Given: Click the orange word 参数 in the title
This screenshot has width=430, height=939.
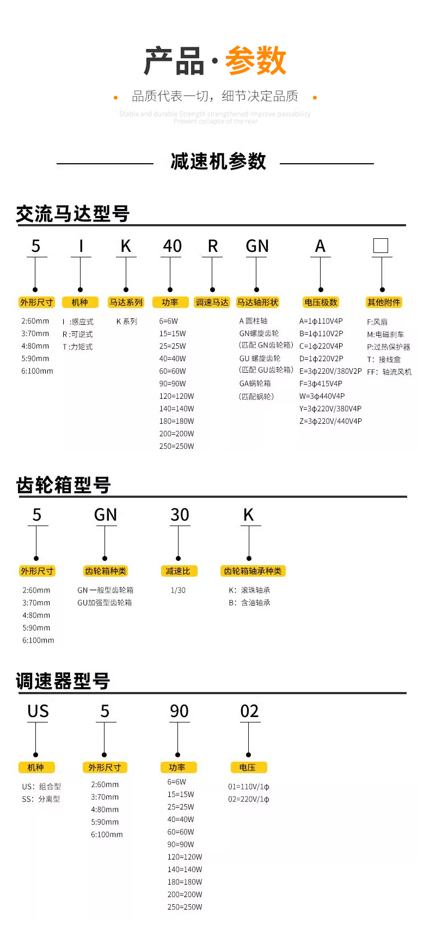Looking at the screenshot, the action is click(255, 61).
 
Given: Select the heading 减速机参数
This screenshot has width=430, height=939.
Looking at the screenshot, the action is click(218, 162).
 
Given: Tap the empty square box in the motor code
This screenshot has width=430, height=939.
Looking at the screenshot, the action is click(380, 246).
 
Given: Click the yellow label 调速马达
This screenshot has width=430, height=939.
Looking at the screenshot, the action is click(212, 302).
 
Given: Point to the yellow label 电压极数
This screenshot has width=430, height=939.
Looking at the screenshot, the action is click(321, 302).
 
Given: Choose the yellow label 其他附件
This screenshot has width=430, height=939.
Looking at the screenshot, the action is click(383, 302).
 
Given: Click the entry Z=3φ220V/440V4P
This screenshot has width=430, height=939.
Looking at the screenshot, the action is click(330, 421).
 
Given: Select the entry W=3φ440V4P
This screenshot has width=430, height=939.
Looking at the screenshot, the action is click(322, 396).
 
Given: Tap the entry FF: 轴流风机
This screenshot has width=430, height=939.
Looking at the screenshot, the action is click(389, 372).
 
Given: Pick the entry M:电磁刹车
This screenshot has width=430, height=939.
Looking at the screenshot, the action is click(385, 335).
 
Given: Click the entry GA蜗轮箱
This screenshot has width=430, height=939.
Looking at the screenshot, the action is click(255, 384).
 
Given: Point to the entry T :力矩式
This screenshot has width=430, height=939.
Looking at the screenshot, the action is click(77, 347).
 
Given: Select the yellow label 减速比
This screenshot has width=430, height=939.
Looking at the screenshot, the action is click(178, 571).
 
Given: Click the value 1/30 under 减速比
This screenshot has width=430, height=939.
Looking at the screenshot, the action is click(178, 590).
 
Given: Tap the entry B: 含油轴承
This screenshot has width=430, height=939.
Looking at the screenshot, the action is click(249, 603).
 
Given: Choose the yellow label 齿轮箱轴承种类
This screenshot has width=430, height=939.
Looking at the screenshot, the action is click(253, 571).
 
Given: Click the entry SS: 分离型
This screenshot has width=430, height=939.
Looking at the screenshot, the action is click(41, 799).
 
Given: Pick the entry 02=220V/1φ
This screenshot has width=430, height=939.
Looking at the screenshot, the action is click(249, 799).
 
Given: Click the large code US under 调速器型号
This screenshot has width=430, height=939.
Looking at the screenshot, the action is click(38, 712).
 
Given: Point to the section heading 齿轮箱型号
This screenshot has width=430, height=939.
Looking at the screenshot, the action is click(64, 485).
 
